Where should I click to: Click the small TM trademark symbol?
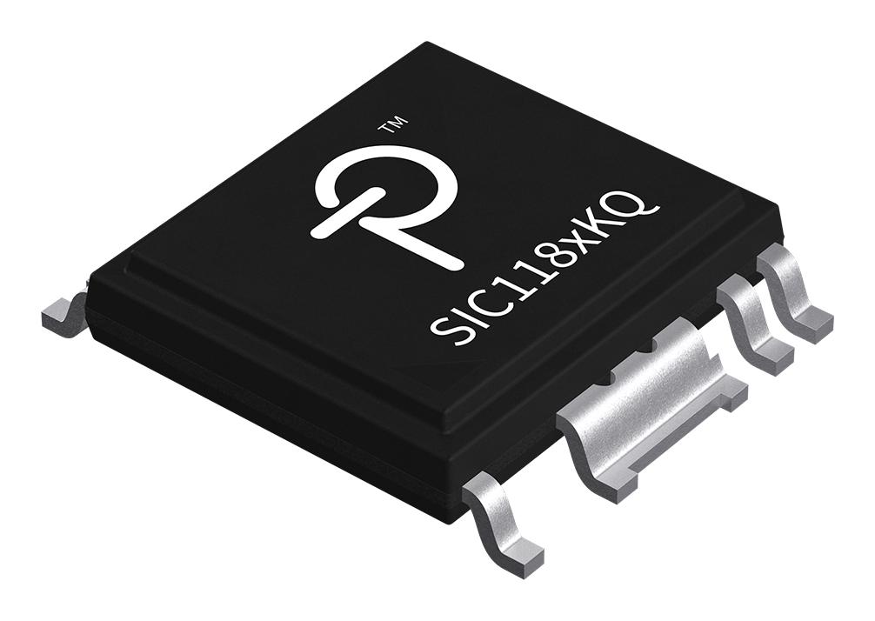[x=391, y=129]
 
